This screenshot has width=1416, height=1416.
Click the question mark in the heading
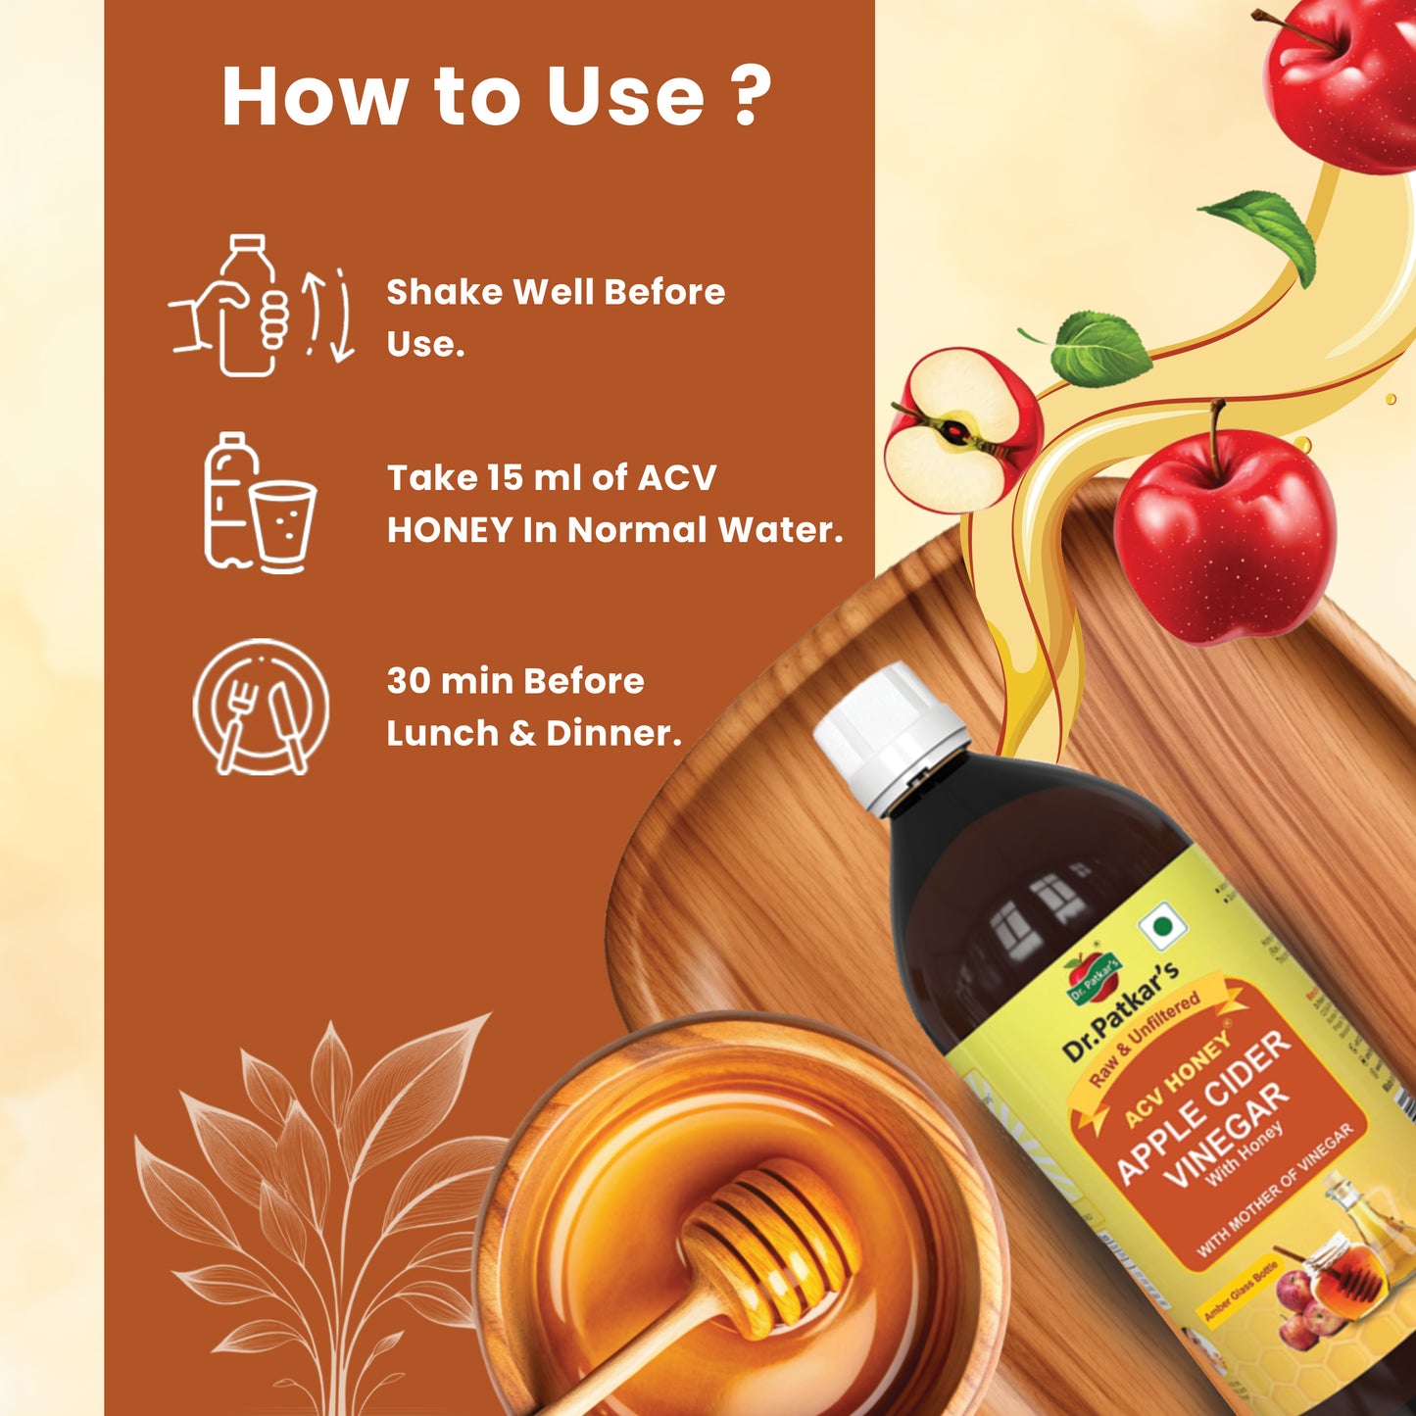click(x=751, y=96)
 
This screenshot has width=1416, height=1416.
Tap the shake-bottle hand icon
click(x=260, y=306)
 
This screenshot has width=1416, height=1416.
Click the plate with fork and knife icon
click(x=261, y=707)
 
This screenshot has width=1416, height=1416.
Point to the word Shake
click(x=445, y=292)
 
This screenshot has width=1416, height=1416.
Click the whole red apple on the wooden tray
click(x=1224, y=535)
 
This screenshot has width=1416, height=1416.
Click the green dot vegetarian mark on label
click(x=1162, y=926)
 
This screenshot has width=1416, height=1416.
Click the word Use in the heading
click(x=624, y=96)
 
